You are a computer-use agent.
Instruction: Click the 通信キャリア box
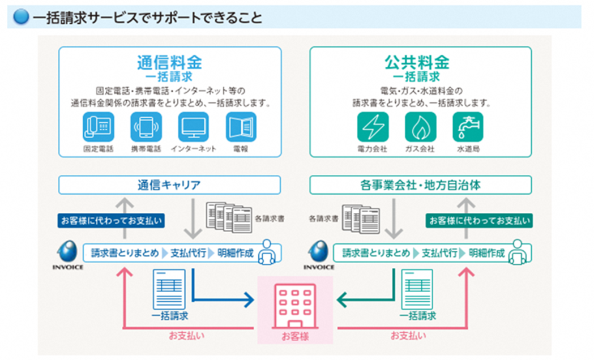pyautogui.click(x=169, y=185)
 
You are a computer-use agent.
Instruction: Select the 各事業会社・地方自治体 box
pyautogui.click(x=420, y=185)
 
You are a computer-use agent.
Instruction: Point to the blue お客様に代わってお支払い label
pyautogui.click(x=110, y=221)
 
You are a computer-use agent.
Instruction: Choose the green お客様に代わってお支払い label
pyautogui.click(x=480, y=221)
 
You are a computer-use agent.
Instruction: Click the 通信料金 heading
pyautogui.click(x=169, y=62)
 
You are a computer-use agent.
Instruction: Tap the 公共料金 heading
pyautogui.click(x=420, y=62)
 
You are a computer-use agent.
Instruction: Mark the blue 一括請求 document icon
pyautogui.click(x=169, y=289)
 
